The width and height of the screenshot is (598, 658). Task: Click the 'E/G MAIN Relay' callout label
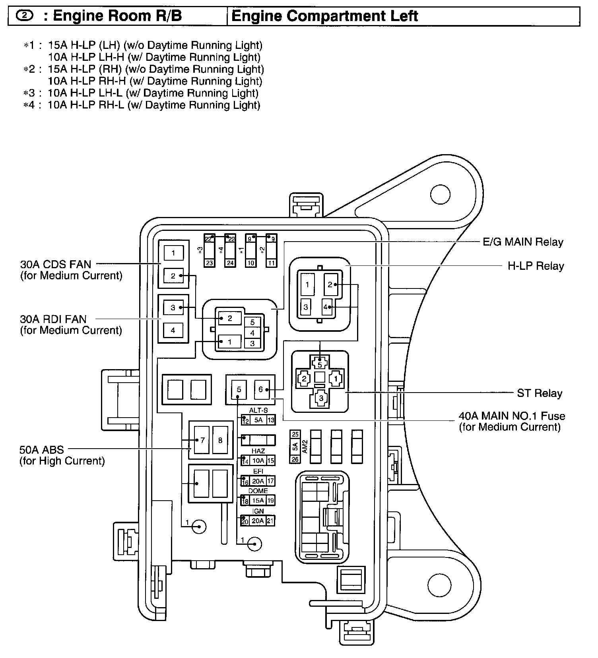(x=522, y=242)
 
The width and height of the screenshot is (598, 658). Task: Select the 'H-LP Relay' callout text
(x=536, y=266)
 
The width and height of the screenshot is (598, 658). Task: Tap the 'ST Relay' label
(x=540, y=393)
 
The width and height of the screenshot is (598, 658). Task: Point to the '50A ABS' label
(x=41, y=450)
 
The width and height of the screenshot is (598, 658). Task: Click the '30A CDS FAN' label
(x=55, y=264)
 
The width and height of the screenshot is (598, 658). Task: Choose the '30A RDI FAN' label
(x=53, y=319)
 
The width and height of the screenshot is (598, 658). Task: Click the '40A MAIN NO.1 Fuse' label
(x=512, y=416)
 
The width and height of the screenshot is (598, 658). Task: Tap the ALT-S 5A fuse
(x=258, y=420)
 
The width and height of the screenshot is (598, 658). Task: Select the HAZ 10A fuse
(x=258, y=461)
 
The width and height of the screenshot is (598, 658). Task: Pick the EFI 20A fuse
(x=258, y=481)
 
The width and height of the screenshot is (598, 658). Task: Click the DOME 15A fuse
(x=258, y=501)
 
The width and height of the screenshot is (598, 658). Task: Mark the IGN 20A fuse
(x=258, y=521)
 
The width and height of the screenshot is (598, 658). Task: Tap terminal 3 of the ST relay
(x=321, y=398)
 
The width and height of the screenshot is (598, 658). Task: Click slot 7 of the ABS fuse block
(x=202, y=440)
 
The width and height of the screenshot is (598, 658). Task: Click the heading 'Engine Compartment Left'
(x=324, y=16)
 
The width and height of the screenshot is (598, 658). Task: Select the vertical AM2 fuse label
(x=305, y=447)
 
